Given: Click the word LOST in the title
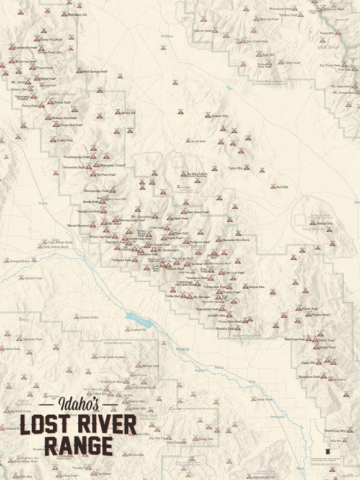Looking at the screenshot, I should [47, 425].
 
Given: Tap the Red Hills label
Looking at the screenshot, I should [282, 187].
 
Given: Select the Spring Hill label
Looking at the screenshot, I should [128, 113].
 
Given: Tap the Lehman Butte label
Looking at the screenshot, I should [89, 317].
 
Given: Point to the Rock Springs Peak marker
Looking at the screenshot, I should [79, 71].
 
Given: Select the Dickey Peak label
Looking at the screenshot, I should [65, 140].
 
